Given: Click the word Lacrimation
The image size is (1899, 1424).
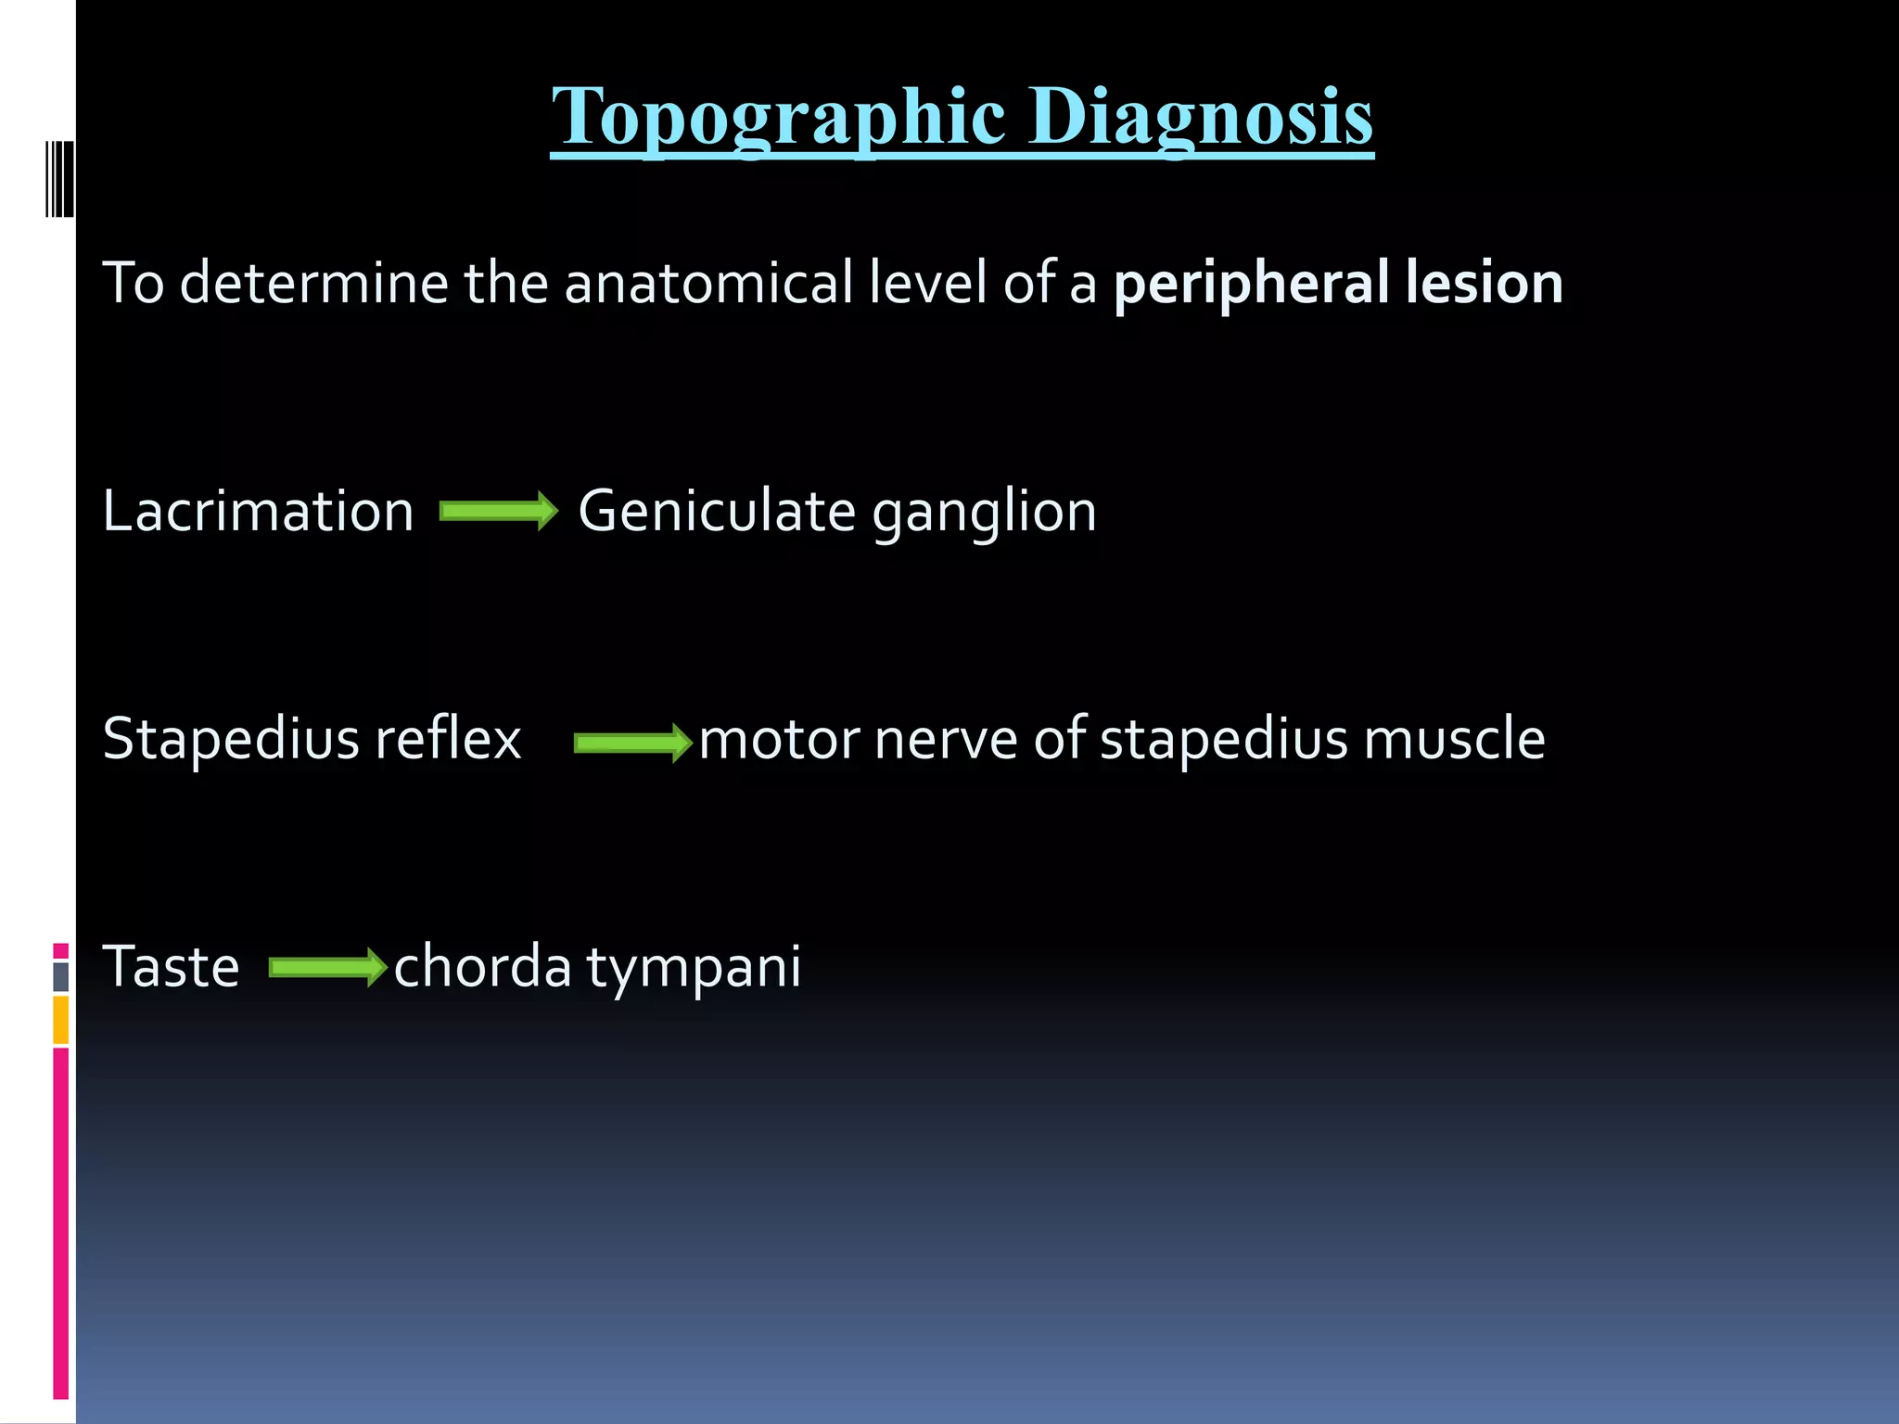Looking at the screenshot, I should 258,511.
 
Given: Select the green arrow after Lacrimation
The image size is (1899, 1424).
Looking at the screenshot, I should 498,511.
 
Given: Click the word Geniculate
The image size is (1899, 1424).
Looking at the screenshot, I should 716,511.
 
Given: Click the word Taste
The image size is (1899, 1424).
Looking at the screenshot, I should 171,967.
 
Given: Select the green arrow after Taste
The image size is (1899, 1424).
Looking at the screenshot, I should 327,968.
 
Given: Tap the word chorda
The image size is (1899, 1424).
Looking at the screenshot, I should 482,967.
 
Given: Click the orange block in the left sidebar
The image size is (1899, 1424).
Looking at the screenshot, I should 61,1019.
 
